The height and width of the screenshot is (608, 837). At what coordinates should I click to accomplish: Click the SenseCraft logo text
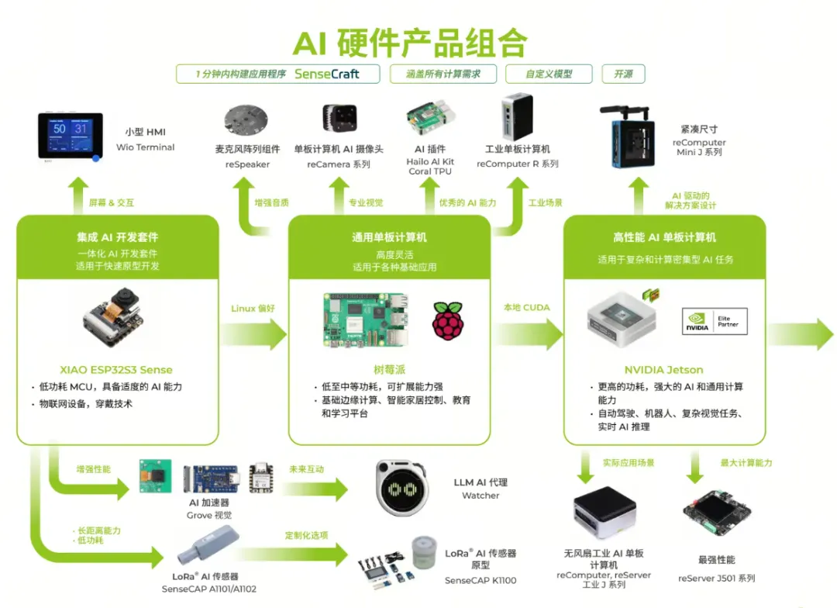pyautogui.click(x=327, y=74)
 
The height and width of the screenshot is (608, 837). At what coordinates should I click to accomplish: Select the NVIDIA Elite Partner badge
pyautogui.click(x=715, y=321)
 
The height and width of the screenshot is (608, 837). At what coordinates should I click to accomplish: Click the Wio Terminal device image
pyautogui.click(x=71, y=136)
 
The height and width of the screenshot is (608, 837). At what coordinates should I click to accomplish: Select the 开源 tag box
pyautogui.click(x=623, y=74)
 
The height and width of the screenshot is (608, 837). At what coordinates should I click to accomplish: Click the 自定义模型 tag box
pyautogui.click(x=549, y=74)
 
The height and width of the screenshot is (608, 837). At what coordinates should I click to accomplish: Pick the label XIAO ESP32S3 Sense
pyautogui.click(x=116, y=370)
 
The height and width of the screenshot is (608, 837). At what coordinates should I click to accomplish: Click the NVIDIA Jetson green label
pyautogui.click(x=664, y=370)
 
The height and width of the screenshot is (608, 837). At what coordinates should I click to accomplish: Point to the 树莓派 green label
pyautogui.click(x=389, y=370)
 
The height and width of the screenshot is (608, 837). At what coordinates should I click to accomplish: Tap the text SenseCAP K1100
pyautogui.click(x=480, y=580)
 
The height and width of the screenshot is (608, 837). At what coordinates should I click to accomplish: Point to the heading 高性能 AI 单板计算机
pyautogui.click(x=664, y=237)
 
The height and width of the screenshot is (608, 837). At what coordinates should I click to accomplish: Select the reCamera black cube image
pyautogui.click(x=340, y=120)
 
